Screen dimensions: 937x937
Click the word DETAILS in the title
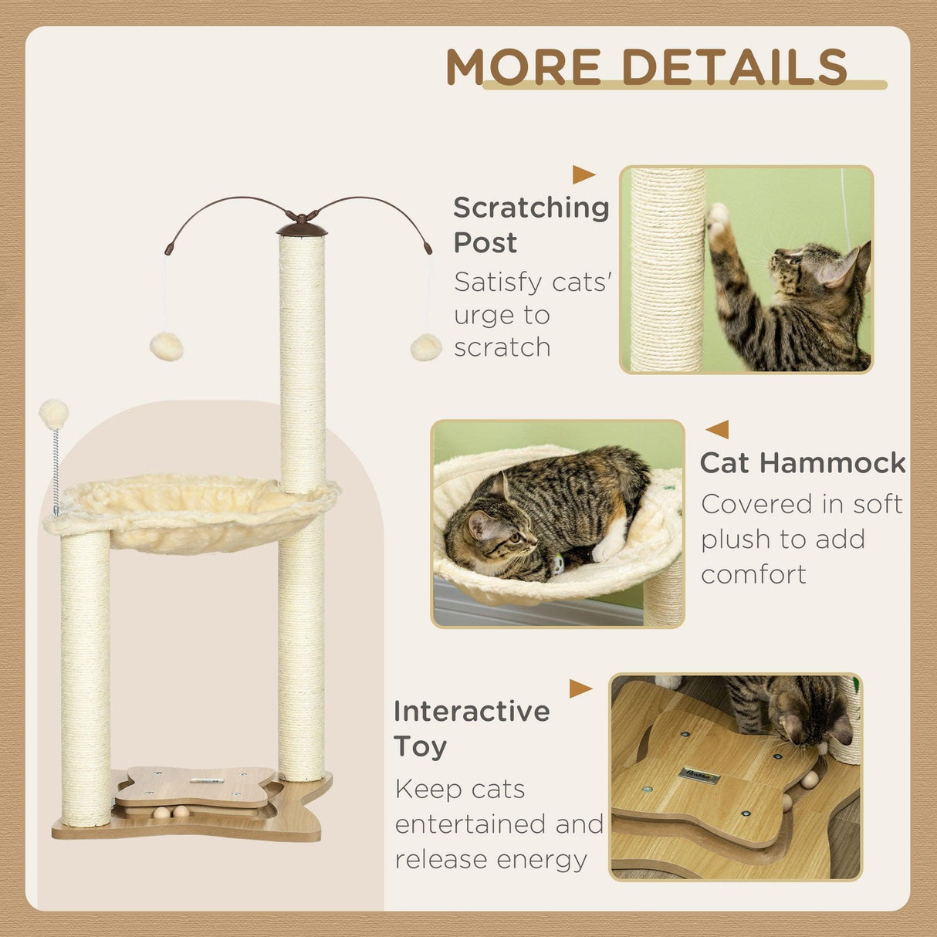734,67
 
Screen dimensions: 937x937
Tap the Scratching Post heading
530,224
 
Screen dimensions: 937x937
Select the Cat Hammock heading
803,462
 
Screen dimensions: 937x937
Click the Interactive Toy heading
471,728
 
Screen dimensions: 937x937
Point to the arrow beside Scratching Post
583,174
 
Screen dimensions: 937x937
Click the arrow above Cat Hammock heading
718,429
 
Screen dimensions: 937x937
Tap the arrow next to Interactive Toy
580,688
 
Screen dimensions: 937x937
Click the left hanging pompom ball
166,347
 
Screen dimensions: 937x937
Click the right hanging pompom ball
426,347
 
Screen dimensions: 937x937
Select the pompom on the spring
54,414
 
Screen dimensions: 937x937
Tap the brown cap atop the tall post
302,227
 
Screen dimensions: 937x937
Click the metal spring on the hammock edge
56,471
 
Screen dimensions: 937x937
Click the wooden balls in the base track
171,812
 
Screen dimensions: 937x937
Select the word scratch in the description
502,347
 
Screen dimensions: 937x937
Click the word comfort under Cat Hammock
753,574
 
